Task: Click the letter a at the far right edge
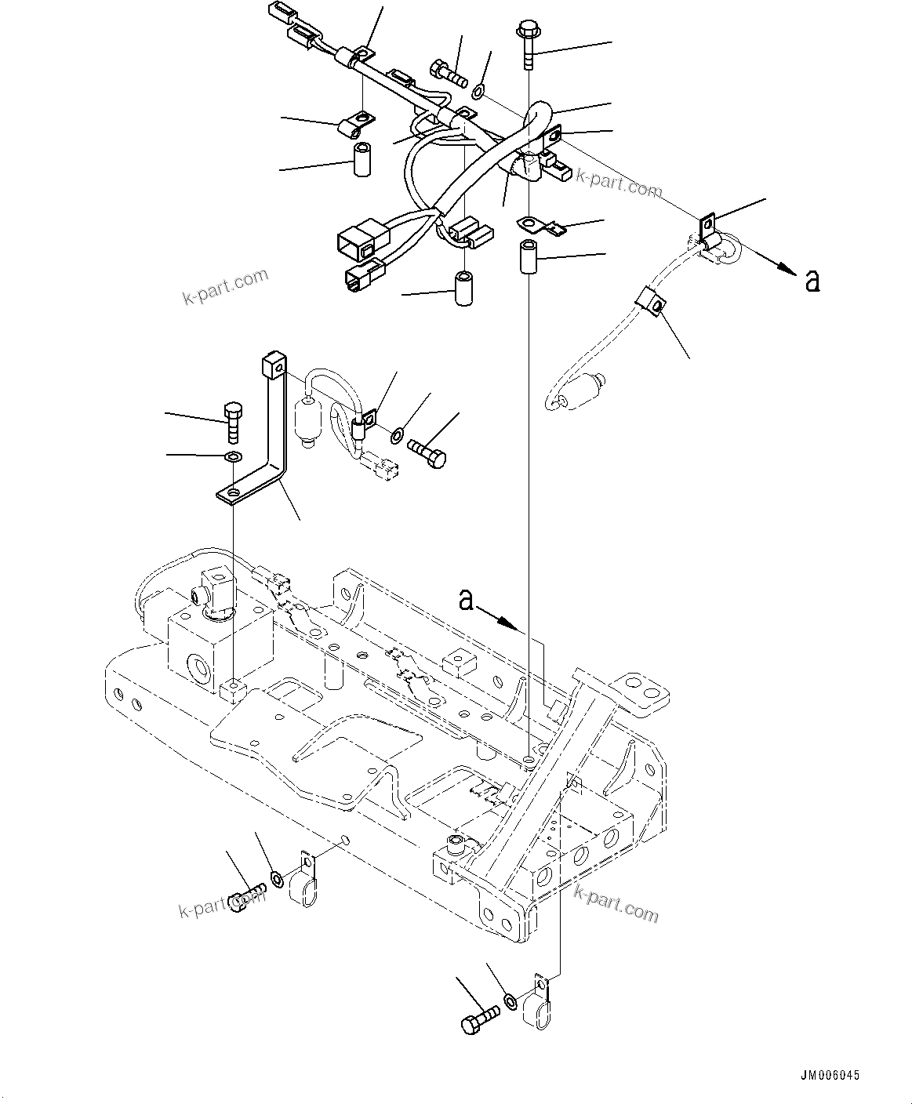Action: click(812, 281)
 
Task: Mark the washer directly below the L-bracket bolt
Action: click(233, 456)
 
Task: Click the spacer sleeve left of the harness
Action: click(362, 159)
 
